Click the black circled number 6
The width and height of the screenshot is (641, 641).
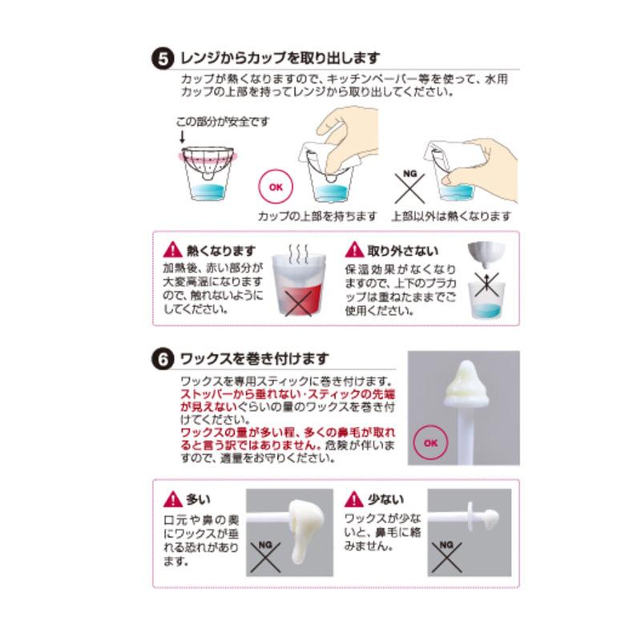(161, 359)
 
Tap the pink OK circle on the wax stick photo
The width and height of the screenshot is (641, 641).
(429, 442)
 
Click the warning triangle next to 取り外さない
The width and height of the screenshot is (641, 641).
(353, 249)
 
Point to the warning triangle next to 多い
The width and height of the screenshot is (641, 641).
(171, 500)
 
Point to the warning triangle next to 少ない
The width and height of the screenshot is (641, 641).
(353, 500)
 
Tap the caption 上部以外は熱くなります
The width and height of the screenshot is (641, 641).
(451, 216)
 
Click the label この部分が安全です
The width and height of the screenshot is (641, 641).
(223, 121)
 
